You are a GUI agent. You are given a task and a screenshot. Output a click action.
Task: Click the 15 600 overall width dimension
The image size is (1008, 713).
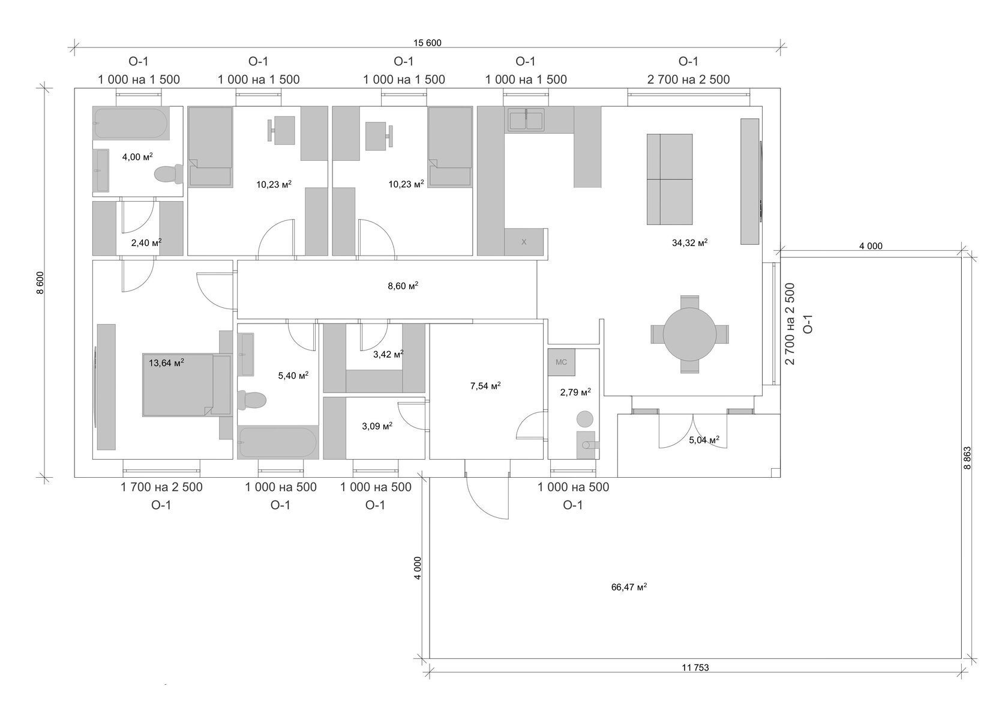(427, 43)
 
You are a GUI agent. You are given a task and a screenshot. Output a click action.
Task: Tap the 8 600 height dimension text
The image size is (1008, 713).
(41, 283)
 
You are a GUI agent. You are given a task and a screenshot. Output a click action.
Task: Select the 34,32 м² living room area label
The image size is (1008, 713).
(689, 242)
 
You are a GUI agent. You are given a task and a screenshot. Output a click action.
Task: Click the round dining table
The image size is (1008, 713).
(689, 334)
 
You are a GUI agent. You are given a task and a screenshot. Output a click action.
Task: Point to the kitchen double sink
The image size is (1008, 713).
(526, 120)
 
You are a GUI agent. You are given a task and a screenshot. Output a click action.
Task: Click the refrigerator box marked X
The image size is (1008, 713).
(524, 242)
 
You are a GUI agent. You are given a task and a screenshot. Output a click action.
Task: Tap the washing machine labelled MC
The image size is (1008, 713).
(561, 362)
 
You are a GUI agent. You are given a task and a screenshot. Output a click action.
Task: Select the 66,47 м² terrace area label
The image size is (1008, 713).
(629, 587)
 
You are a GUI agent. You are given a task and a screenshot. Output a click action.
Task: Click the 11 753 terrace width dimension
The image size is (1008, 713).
(695, 667)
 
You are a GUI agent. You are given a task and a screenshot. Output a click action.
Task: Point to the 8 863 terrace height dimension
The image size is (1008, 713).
(967, 458)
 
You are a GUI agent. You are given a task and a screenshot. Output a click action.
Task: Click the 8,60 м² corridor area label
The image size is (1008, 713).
(403, 286)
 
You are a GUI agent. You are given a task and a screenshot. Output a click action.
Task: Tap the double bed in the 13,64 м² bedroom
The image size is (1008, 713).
(187, 385)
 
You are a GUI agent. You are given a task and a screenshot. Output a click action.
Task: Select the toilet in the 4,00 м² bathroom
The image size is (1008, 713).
(169, 174)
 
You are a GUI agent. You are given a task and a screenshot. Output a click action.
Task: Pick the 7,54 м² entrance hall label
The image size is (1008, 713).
(485, 386)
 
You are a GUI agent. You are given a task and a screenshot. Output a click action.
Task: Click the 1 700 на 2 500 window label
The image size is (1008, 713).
(161, 487)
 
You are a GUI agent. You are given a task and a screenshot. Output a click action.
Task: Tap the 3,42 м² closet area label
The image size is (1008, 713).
(388, 354)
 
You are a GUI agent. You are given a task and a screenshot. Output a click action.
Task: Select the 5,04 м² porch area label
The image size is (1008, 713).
(704, 440)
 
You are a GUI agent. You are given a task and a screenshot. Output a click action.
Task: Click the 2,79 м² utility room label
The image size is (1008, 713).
(575, 392)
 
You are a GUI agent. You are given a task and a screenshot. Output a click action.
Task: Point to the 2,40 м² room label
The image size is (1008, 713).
(146, 242)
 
